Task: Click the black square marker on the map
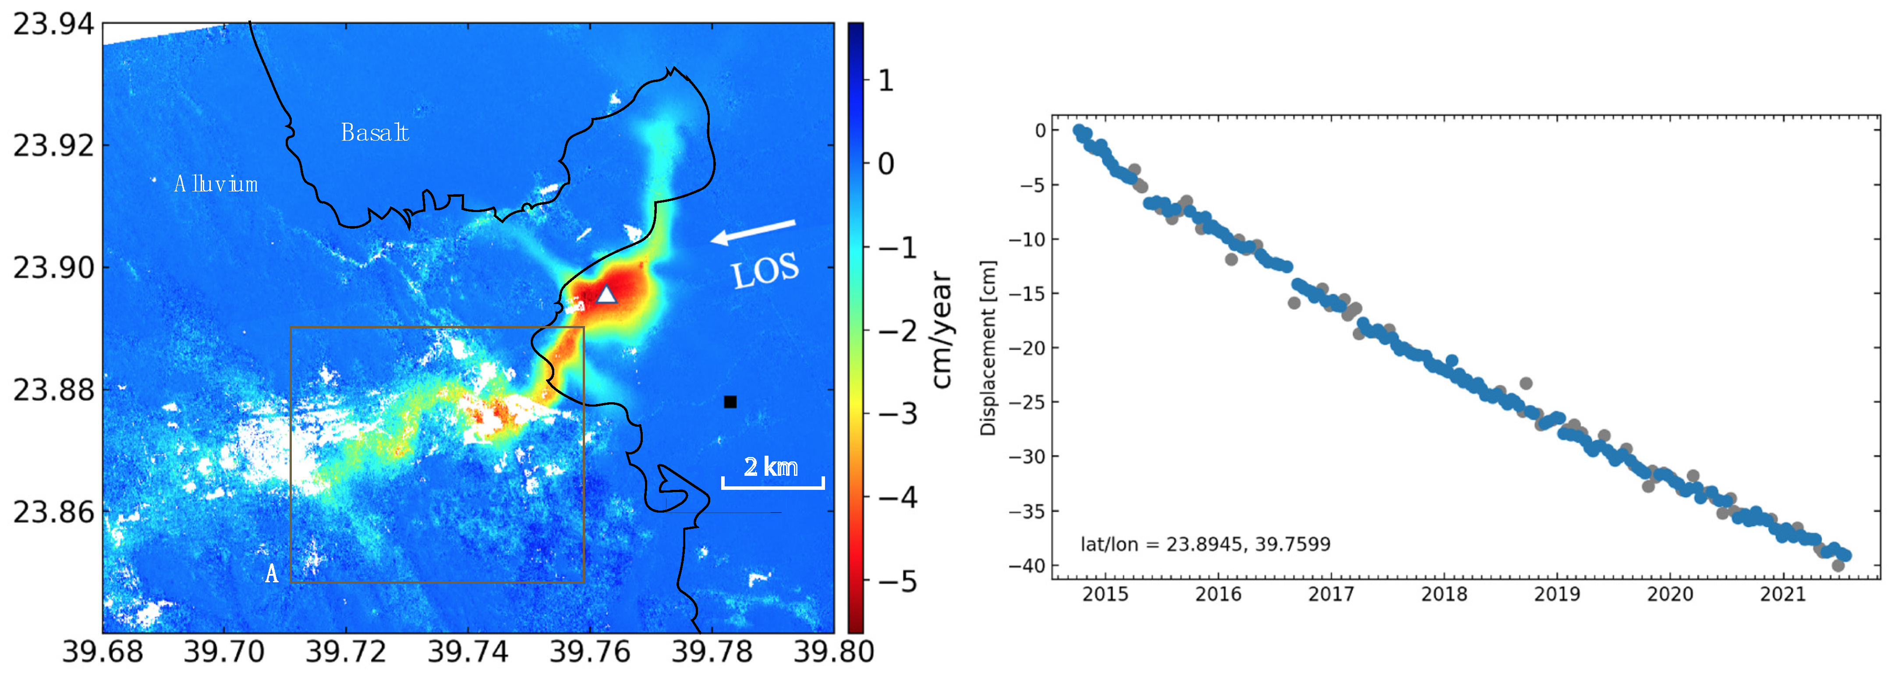click(730, 402)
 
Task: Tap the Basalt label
click(375, 132)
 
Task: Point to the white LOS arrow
click(753, 232)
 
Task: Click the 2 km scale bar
click(772, 482)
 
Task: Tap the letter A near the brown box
click(272, 574)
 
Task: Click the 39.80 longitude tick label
click(833, 652)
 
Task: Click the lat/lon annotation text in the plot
click(1205, 544)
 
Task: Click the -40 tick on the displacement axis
click(1028, 566)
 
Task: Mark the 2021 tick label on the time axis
click(1782, 594)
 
